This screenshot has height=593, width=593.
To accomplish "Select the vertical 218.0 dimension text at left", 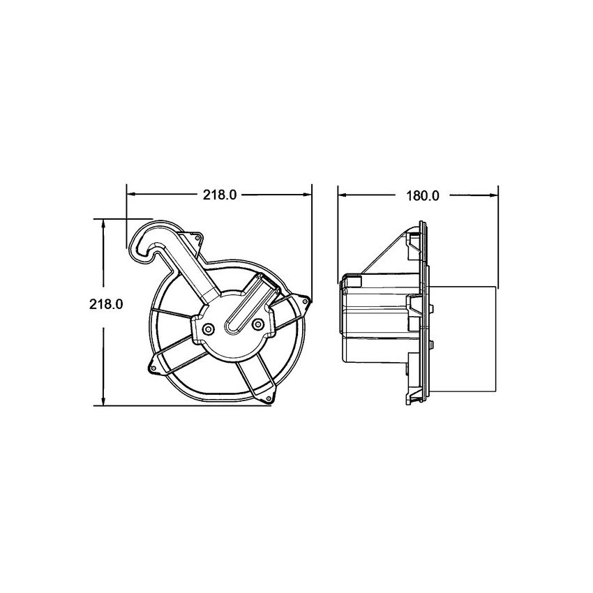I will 106,305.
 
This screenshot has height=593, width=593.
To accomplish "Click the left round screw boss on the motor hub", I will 209,326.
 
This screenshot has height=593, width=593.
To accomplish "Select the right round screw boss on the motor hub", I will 258,324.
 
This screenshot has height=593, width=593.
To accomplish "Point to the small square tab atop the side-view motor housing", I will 354,281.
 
